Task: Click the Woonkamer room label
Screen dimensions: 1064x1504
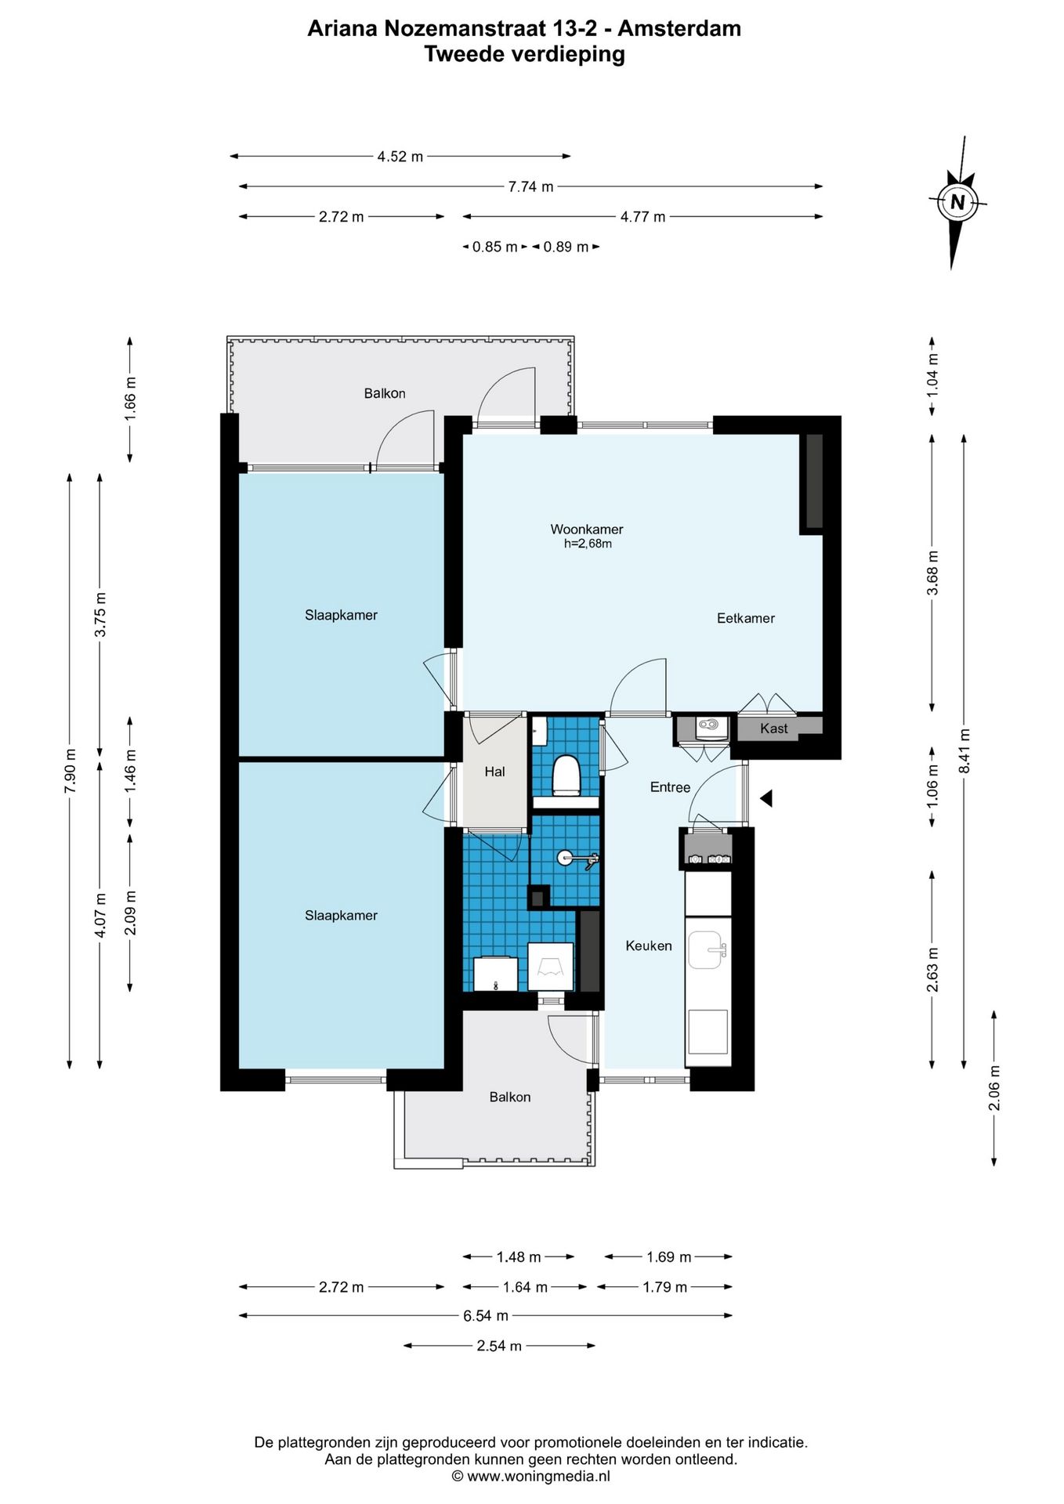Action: [586, 530]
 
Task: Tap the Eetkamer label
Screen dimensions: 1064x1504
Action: [745, 618]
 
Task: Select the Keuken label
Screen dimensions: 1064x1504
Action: [648, 945]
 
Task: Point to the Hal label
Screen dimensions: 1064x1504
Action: [494, 772]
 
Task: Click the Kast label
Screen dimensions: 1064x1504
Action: [773, 728]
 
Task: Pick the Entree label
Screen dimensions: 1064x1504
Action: [670, 787]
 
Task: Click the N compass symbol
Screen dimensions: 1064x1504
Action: [957, 202]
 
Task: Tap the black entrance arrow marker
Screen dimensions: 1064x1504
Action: [766, 798]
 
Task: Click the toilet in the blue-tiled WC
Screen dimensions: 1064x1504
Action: [565, 775]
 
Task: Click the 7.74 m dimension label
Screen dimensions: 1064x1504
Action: [530, 186]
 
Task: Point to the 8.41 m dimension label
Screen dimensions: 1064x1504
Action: [964, 751]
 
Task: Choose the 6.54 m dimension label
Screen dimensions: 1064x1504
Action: [485, 1315]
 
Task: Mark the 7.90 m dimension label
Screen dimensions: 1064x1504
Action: [71, 771]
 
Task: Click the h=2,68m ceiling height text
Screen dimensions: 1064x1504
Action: [588, 544]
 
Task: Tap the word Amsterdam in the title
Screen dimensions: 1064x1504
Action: [679, 28]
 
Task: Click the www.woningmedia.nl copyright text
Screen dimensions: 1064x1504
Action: [530, 1476]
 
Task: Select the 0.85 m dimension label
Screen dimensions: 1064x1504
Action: [494, 247]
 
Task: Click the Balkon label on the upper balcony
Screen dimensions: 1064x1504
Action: [385, 393]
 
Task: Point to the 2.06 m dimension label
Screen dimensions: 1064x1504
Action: [994, 1087]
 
